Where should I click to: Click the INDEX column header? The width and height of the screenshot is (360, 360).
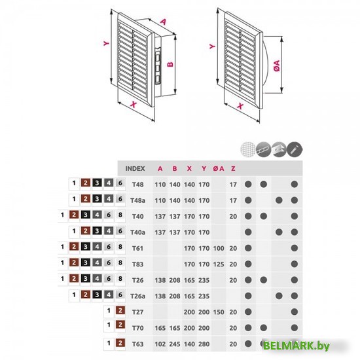pyautogui.click(x=135, y=168)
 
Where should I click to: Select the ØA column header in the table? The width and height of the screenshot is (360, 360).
pyautogui.click(x=219, y=168)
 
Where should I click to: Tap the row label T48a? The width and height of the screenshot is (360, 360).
pyautogui.click(x=137, y=200)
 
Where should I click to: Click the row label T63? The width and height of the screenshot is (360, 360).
pyautogui.click(x=137, y=344)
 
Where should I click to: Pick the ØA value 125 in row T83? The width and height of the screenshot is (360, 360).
pyautogui.click(x=219, y=264)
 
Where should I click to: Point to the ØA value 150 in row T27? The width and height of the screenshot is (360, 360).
pyautogui.click(x=219, y=312)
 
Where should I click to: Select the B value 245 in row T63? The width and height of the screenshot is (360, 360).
pyautogui.click(x=175, y=344)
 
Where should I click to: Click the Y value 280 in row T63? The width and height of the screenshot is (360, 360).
pyautogui.click(x=204, y=344)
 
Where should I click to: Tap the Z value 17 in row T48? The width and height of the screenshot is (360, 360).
pyautogui.click(x=233, y=185)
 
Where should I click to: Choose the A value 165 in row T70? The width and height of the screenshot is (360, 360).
pyautogui.click(x=160, y=328)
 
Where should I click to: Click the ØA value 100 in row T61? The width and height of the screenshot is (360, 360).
pyautogui.click(x=219, y=248)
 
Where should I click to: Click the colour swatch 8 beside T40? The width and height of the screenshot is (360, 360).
pyautogui.click(x=120, y=215)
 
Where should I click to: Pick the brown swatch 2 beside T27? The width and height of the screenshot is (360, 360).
pyautogui.click(x=120, y=311)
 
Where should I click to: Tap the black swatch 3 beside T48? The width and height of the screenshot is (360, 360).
pyautogui.click(x=97, y=183)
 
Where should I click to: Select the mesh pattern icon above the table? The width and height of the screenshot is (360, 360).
pyautogui.click(x=248, y=149)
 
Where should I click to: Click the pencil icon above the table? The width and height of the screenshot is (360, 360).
pyautogui.click(x=295, y=149)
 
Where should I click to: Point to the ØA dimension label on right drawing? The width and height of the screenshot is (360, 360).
pyautogui.click(x=277, y=65)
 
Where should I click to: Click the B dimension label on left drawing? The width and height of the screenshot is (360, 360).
pyautogui.click(x=170, y=64)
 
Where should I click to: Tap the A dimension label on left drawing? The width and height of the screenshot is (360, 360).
pyautogui.click(x=163, y=22)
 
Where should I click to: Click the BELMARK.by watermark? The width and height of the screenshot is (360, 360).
pyautogui.click(x=296, y=346)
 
